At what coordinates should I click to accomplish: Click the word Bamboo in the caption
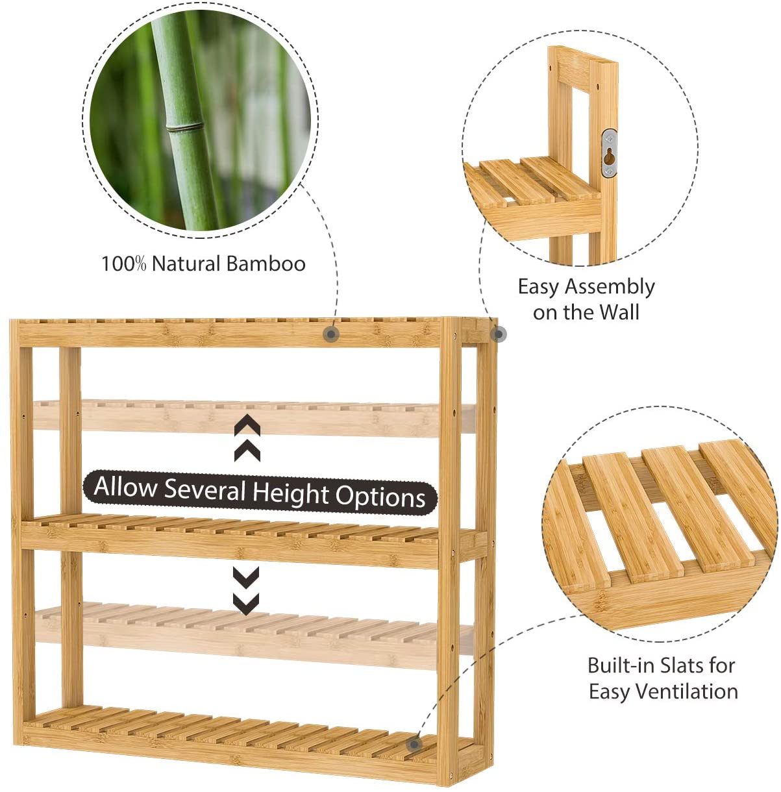266,264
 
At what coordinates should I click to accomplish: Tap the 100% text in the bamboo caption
124,264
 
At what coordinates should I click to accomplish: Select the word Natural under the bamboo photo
186,264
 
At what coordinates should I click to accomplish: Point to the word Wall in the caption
619,312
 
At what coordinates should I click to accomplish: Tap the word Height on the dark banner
291,493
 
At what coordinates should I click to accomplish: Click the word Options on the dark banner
380,497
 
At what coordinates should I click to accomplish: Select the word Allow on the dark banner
125,487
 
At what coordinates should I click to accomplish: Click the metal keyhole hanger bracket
609,153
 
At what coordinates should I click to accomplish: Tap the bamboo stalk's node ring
184,126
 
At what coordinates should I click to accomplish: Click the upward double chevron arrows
247,438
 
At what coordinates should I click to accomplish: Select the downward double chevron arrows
246,591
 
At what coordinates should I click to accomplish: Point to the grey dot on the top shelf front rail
331,334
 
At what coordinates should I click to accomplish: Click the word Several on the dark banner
205,489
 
